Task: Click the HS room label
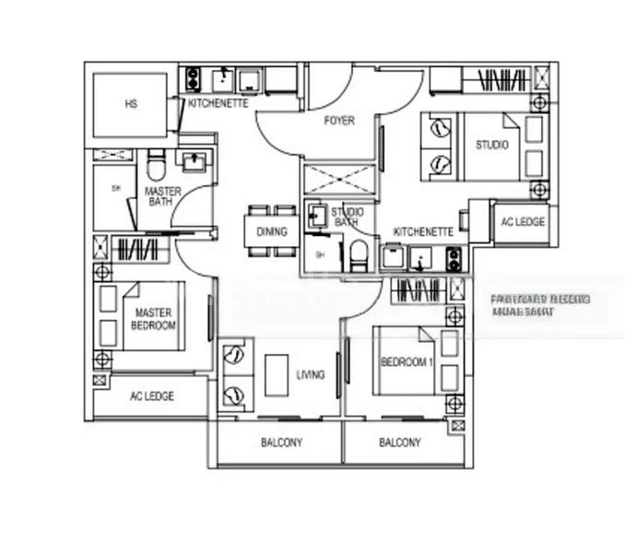(x=130, y=105)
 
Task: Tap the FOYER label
(x=339, y=121)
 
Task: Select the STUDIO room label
(x=491, y=145)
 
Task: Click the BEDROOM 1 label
(x=407, y=362)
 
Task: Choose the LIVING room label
(x=311, y=375)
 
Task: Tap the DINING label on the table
(x=273, y=231)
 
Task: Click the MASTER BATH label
(x=163, y=196)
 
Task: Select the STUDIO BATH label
(x=347, y=218)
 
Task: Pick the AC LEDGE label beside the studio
(x=523, y=222)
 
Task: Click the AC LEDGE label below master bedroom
(x=151, y=396)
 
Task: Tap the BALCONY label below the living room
(x=281, y=443)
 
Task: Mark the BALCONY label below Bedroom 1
(x=400, y=443)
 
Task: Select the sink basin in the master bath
(x=195, y=164)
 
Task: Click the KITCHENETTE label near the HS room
(x=218, y=104)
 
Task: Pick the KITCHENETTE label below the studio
(x=423, y=232)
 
